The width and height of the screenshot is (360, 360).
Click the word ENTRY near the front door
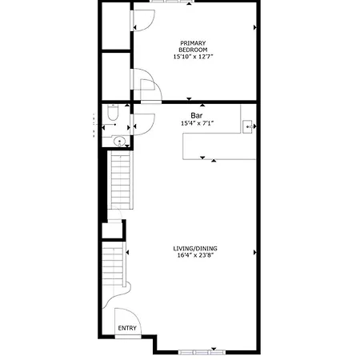click(127, 328)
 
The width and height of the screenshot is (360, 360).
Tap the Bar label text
click(197, 115)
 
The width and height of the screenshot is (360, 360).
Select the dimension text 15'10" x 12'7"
click(194, 57)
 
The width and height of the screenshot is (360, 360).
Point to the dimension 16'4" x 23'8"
click(196, 255)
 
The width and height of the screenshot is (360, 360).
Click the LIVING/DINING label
click(195, 249)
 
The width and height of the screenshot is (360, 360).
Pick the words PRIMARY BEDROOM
click(193, 46)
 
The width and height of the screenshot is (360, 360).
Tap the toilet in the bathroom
click(113, 112)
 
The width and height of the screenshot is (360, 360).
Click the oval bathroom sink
click(119, 141)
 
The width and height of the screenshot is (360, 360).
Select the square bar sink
click(248, 126)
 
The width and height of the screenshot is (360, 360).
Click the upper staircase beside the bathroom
click(121, 180)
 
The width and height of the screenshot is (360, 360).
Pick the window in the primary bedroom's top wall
click(172, 2)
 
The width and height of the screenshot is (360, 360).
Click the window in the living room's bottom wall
click(202, 353)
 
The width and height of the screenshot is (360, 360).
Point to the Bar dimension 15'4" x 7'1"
click(198, 123)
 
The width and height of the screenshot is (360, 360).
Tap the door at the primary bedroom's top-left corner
click(142, 20)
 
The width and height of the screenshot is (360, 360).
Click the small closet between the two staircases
click(112, 230)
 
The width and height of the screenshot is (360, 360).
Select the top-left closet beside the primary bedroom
click(116, 26)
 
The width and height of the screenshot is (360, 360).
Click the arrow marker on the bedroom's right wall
click(255, 27)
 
